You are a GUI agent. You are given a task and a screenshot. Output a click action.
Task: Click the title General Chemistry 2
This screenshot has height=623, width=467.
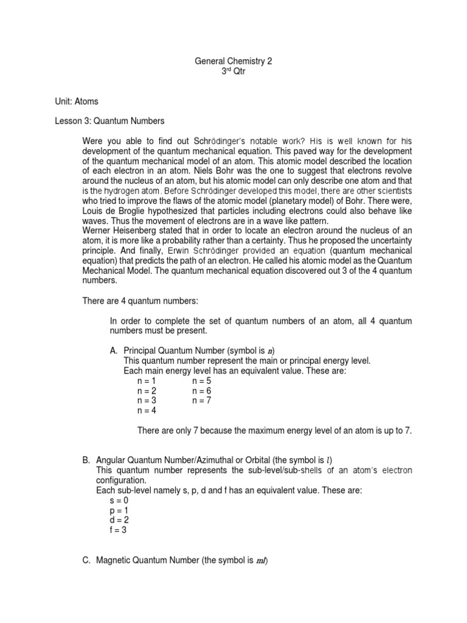(x=233, y=61)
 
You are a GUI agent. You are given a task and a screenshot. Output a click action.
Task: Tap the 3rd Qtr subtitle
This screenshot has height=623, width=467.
(x=233, y=71)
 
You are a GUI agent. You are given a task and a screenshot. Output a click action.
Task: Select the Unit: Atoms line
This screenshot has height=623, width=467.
(x=76, y=101)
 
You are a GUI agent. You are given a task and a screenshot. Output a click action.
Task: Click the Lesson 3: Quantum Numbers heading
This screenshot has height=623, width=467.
(x=110, y=121)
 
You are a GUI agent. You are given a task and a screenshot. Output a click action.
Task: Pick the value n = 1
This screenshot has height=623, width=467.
(x=147, y=380)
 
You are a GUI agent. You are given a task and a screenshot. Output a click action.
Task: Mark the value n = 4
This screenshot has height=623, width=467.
(x=147, y=410)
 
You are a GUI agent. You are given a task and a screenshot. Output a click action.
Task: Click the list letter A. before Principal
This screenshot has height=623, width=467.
(x=114, y=351)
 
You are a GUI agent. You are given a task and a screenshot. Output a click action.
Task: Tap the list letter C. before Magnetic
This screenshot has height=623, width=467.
(x=86, y=560)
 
